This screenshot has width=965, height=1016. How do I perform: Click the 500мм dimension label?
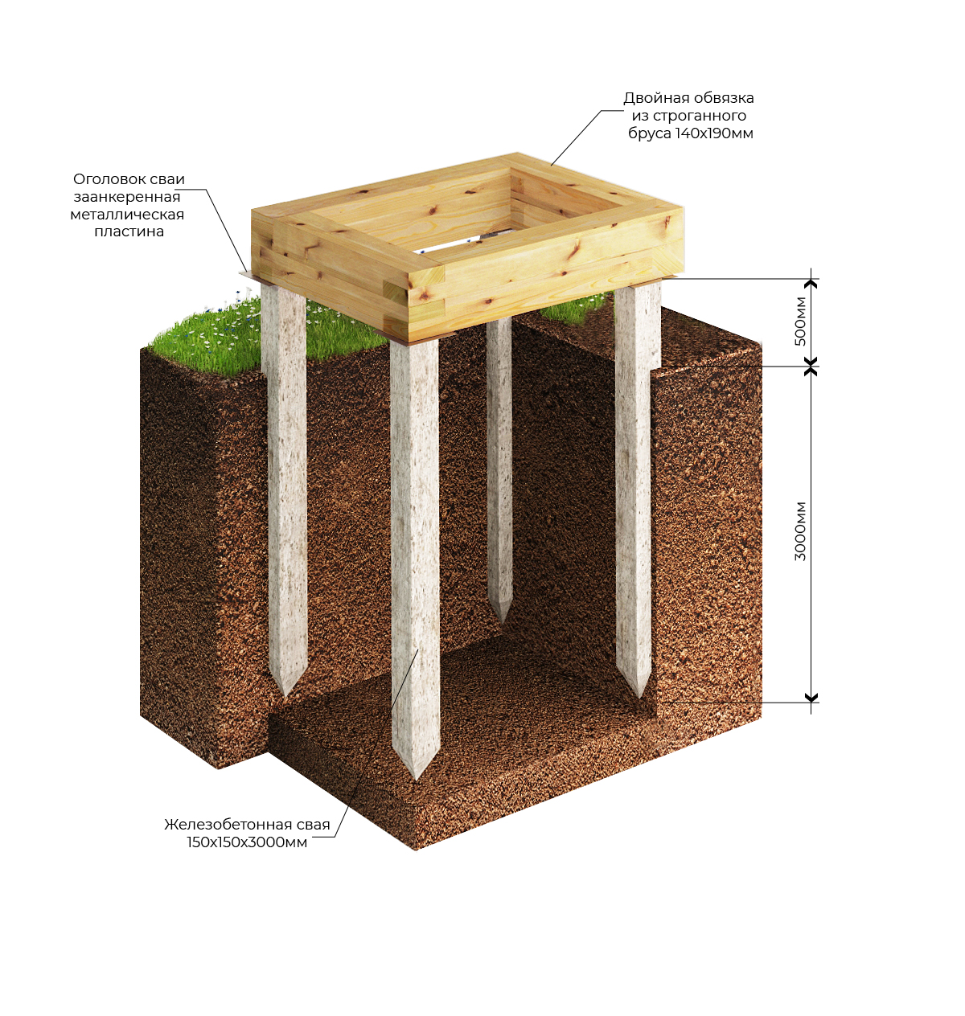(800, 321)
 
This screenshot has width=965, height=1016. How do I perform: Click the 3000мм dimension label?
(800, 531)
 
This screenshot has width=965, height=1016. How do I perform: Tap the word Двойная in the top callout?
(651, 98)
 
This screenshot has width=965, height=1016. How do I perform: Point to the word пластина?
(129, 231)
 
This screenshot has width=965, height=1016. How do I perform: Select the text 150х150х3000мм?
(247, 842)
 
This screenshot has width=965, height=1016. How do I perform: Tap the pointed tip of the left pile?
(284, 695)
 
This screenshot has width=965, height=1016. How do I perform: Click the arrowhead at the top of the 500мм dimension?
(811, 283)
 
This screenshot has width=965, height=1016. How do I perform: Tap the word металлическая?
(127, 214)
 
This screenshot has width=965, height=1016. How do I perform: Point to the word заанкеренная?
(127, 197)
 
